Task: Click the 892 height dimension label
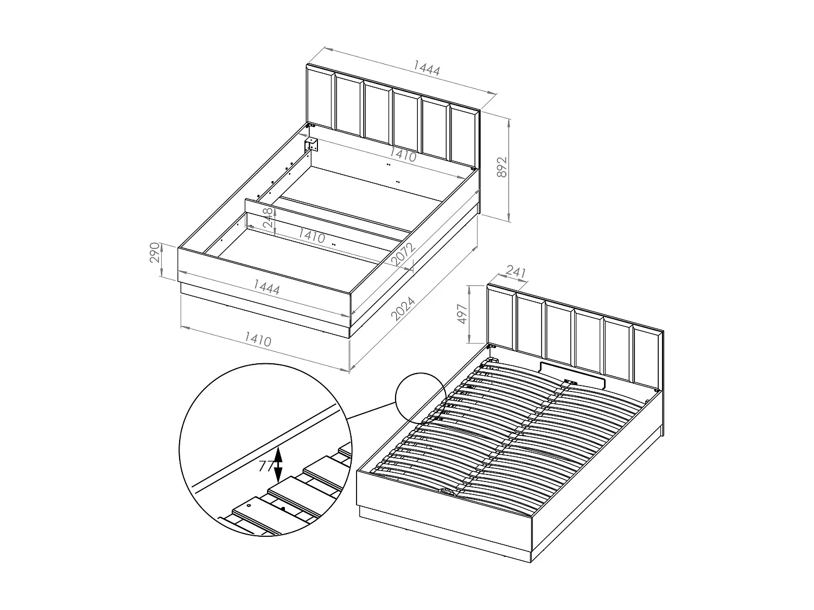click(501, 167)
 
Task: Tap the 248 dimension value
click(268, 217)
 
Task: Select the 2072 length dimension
click(403, 254)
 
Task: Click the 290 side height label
click(155, 252)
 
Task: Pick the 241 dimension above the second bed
click(516, 273)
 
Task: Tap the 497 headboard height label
click(462, 314)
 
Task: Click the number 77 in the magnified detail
click(265, 466)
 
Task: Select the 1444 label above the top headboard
click(427, 68)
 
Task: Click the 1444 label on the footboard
click(266, 287)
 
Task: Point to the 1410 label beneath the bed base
click(258, 339)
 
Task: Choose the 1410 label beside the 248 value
click(311, 236)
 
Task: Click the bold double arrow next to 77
click(278, 465)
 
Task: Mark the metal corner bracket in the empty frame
click(311, 145)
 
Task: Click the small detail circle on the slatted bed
click(421, 398)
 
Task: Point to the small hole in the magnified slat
click(249, 505)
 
